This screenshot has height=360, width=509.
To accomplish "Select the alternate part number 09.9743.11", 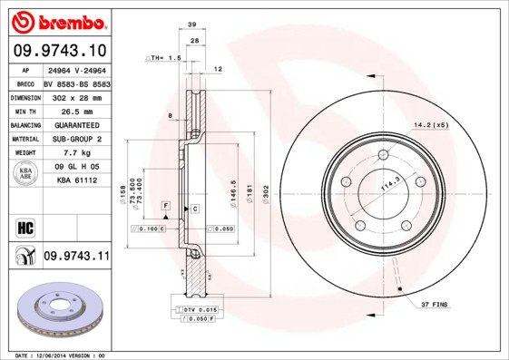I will pos(76,257).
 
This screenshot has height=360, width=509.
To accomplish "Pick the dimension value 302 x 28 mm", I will pos(76,96).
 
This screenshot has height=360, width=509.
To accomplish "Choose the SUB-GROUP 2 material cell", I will pos(76,139).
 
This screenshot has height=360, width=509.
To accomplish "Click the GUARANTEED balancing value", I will pos(76,124).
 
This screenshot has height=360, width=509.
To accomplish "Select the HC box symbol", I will pos(24,226).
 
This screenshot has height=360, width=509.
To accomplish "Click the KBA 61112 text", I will pos(76,181).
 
